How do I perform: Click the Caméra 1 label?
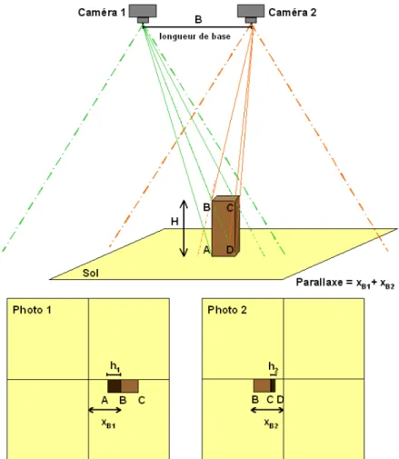tap(102, 13)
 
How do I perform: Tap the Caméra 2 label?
tap(293, 13)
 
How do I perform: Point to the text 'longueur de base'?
tap(195, 36)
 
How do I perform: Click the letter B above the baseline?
tap(198, 20)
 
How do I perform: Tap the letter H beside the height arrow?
tap(175, 222)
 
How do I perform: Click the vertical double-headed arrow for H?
tap(184, 228)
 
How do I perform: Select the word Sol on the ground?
tap(91, 273)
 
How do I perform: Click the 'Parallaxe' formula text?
tap(345, 283)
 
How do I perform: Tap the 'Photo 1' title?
tap(32, 310)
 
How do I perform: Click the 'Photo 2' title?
tap(227, 310)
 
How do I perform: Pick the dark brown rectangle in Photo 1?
tap(115, 386)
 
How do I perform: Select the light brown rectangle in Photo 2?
tap(262, 385)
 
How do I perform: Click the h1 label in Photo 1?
tap(115, 366)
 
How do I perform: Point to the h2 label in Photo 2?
tap(273, 367)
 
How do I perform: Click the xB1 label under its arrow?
tap(108, 423)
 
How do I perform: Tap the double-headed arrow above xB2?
tap(267, 410)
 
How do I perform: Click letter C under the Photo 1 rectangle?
tap(142, 400)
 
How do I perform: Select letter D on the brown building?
tap(230, 250)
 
